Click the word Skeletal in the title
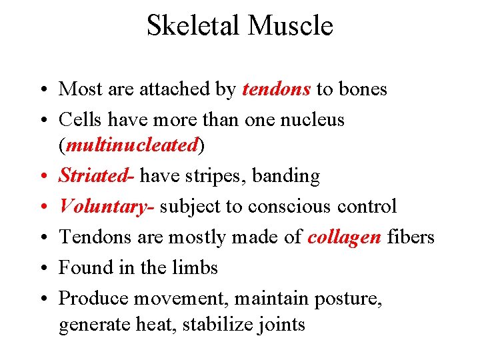pos(193,26)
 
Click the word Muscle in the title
pos(290,26)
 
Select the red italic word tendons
pos(276,89)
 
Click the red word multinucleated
pos(132,145)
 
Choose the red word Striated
pos(94,176)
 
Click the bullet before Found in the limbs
pos(43,268)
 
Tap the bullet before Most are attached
pos(43,90)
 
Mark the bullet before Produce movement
pos(43,299)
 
